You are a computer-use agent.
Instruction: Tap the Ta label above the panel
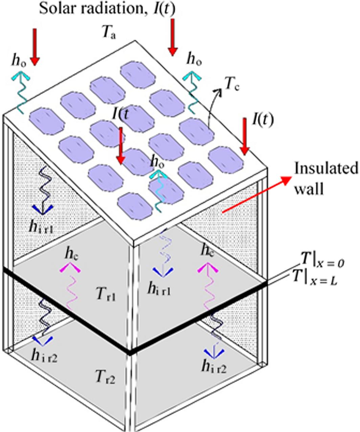tap(109, 32)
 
